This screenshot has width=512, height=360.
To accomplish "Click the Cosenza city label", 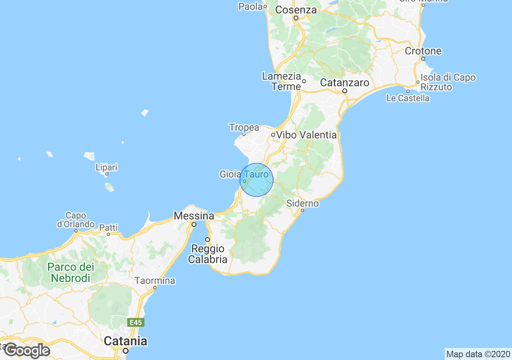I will tap(296, 10).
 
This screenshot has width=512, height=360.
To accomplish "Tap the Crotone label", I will tap(423, 51).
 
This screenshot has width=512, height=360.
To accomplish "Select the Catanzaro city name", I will tap(344, 83).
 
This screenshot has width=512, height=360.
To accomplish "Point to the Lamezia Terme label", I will tap(281, 81).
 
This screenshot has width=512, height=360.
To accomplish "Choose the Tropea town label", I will tap(244, 128).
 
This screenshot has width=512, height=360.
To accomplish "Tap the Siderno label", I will tap(303, 204).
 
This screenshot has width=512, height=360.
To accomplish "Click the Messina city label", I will tap(194, 216).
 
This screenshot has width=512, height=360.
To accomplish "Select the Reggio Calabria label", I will tap(208, 254).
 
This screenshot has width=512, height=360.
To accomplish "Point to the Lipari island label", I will tap(106, 167).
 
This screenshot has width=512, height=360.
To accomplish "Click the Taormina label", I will tap(155, 281).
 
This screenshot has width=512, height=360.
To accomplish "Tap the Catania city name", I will tap(125, 341).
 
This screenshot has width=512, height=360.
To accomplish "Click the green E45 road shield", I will tap(136, 322).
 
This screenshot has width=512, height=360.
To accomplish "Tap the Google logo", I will tap(27, 351).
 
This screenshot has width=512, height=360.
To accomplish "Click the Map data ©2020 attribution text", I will tap(478, 354).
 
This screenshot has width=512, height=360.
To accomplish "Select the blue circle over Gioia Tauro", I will tap(256, 180).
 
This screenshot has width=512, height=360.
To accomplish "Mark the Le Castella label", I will tap(408, 98).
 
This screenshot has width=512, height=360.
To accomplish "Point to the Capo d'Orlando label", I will tap(76, 220).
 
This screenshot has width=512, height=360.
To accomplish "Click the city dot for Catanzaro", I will tap(345, 91).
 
